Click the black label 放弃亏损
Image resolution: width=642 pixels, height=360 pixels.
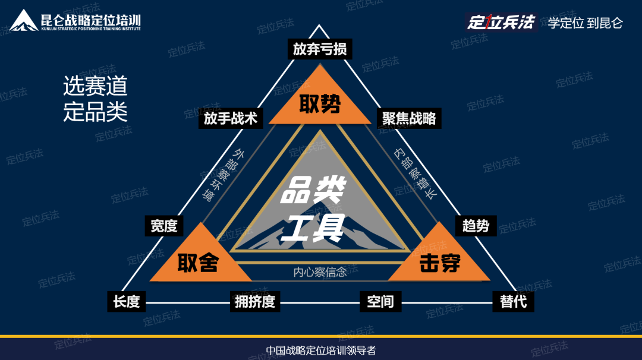[x=320, y=49]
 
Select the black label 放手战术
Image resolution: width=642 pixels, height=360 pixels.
[x=231, y=118]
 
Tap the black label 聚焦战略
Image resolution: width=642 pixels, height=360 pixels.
[x=410, y=118]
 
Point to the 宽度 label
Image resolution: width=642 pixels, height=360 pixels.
[x=164, y=226]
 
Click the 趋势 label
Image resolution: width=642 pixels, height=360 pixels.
[x=476, y=226]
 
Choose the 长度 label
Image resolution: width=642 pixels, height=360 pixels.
[x=127, y=301]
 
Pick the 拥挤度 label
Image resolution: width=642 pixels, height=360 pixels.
[x=255, y=301]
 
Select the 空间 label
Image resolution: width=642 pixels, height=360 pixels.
[x=380, y=301]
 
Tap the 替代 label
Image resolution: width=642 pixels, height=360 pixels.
[x=514, y=301]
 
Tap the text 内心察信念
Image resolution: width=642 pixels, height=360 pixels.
[x=320, y=272]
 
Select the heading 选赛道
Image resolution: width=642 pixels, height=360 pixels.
[x=95, y=87]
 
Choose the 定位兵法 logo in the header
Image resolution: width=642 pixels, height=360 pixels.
[x=501, y=23]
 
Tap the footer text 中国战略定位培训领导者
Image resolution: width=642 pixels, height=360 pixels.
[x=321, y=350]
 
